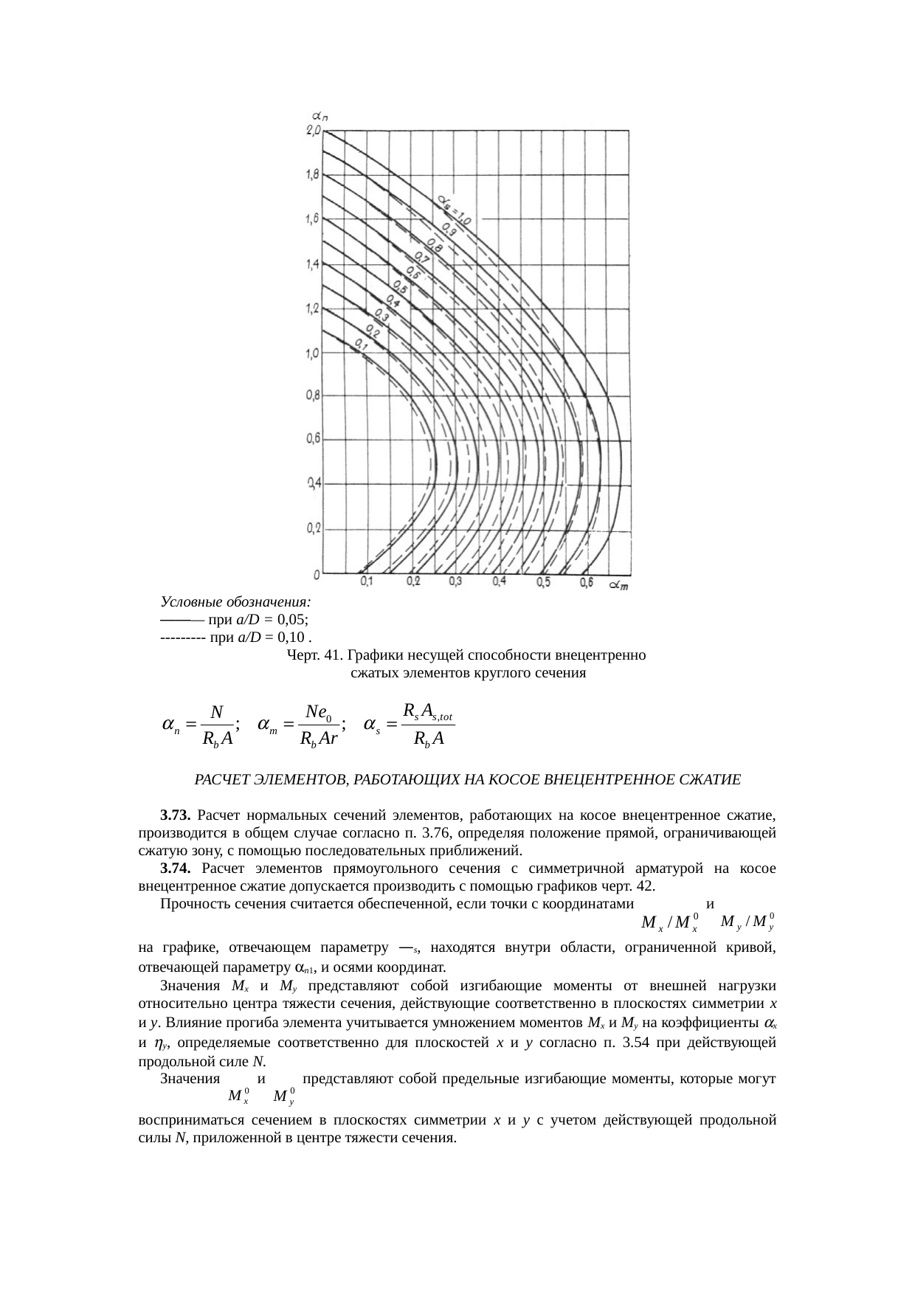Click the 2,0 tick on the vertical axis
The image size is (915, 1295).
click(314, 131)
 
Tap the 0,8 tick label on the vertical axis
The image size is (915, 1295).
click(313, 396)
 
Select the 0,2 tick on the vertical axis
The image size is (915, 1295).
click(313, 529)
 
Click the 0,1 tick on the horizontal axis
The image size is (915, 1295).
click(367, 582)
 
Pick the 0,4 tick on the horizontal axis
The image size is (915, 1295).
click(500, 582)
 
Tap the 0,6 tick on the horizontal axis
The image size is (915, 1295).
click(587, 582)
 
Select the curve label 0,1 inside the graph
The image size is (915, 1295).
click(361, 344)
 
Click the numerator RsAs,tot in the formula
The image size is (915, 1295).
click(428, 712)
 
